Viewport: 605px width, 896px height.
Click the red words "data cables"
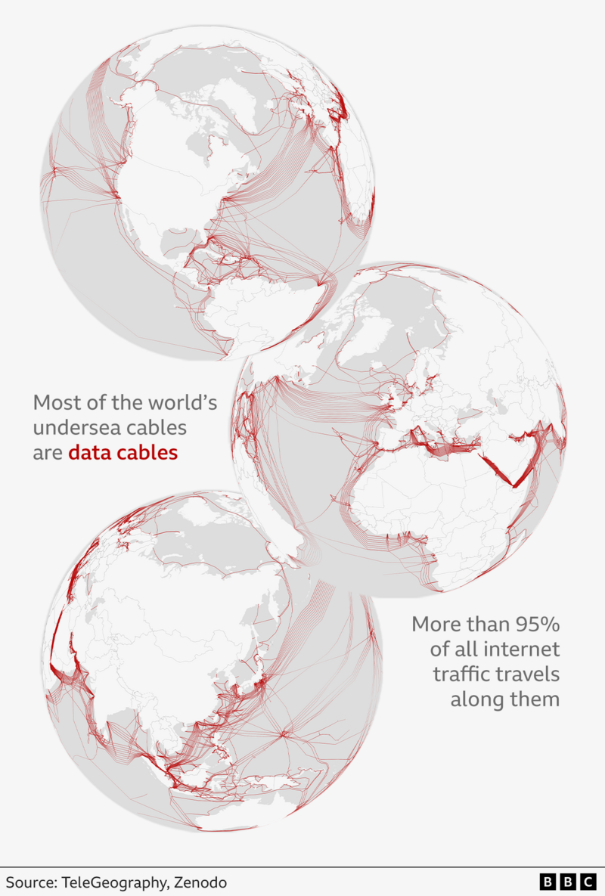[x=123, y=453]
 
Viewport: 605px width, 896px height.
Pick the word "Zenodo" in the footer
[x=200, y=882]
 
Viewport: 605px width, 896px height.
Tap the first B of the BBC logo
[x=547, y=882]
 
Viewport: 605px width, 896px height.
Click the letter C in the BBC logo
[x=588, y=882]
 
